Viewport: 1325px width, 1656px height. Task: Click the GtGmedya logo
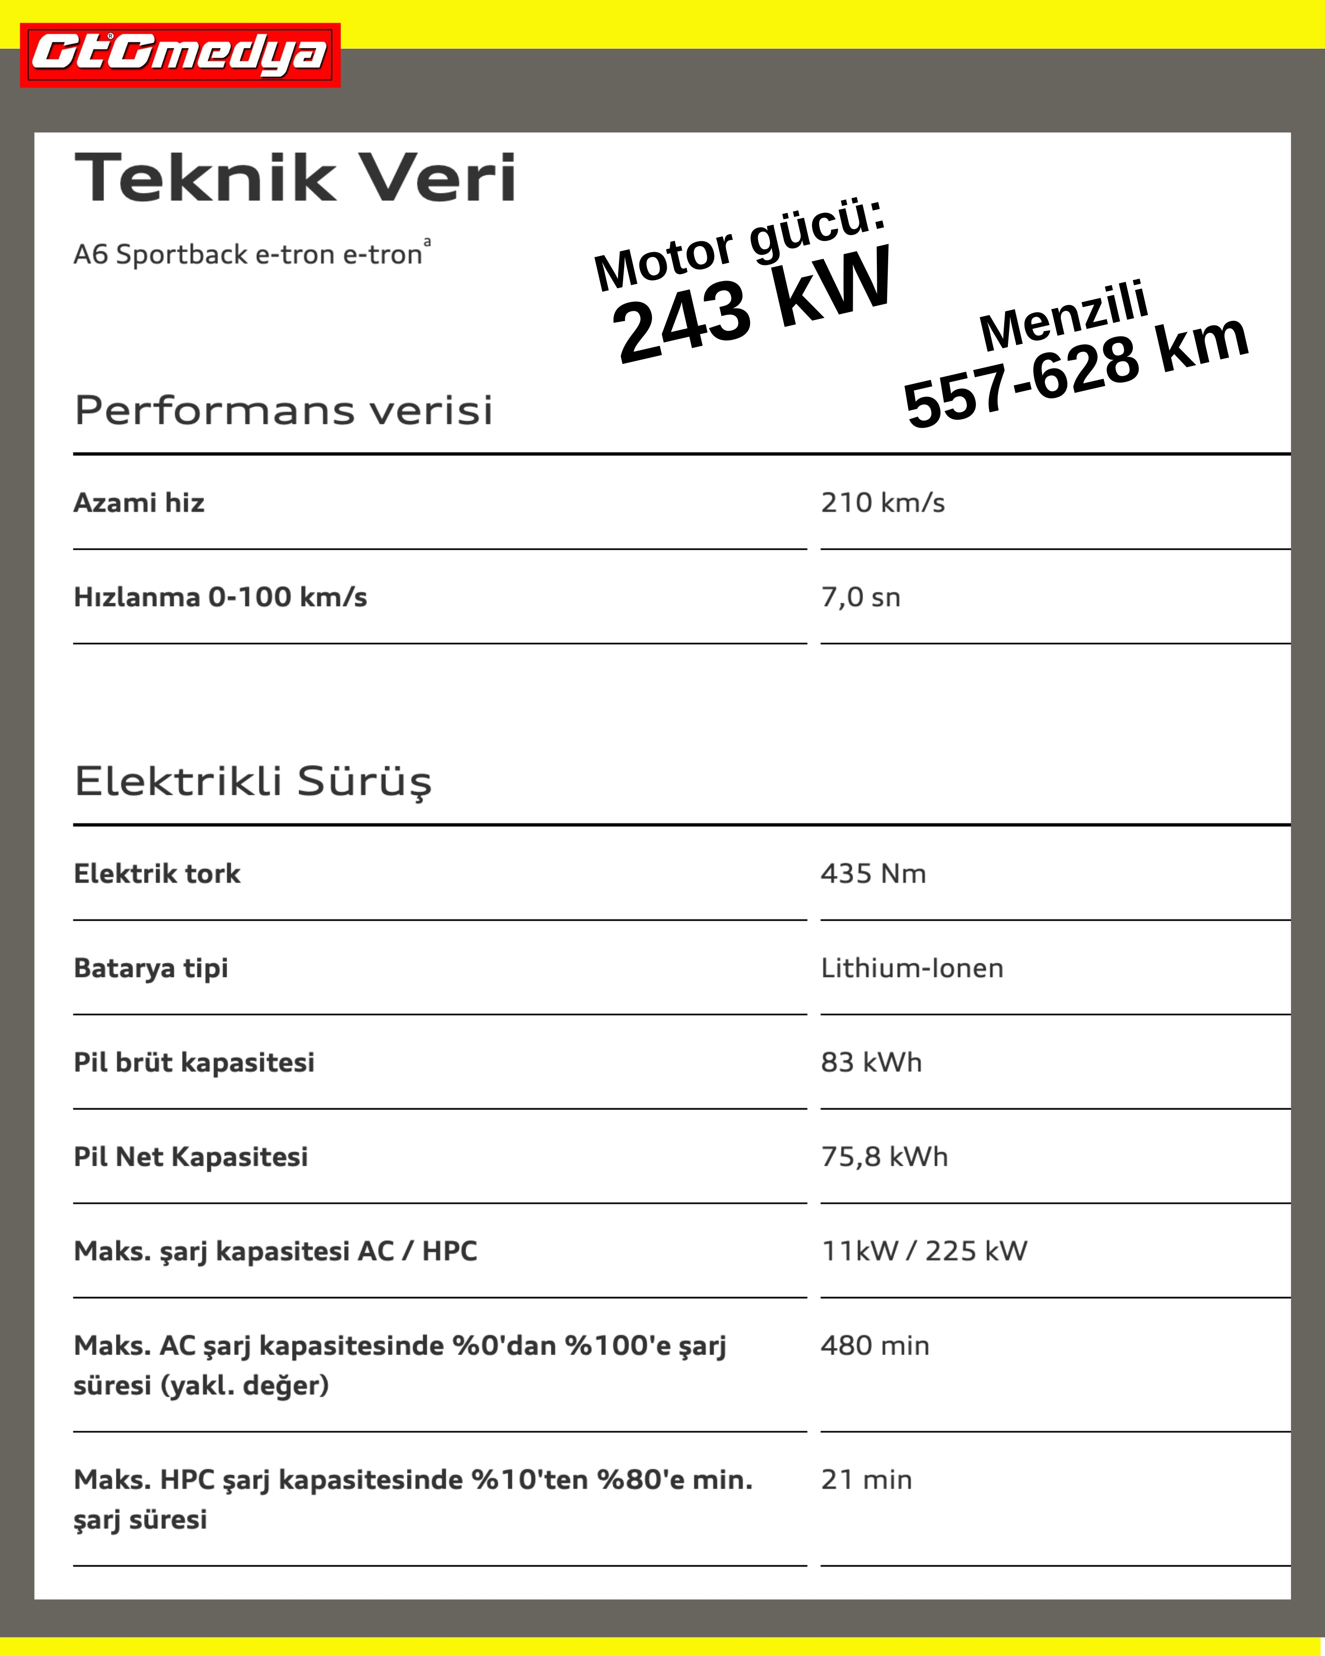(180, 54)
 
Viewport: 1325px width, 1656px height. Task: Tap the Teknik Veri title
(295, 178)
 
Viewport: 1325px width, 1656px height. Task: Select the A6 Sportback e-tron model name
(248, 254)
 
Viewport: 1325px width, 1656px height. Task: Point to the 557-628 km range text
(1075, 372)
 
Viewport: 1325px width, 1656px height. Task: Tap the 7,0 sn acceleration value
(860, 598)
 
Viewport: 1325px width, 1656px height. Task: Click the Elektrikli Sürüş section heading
(253, 782)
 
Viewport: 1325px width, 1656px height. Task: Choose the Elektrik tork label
(157, 874)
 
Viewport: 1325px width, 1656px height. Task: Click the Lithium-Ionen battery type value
(912, 969)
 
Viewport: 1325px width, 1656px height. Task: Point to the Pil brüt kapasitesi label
(194, 1063)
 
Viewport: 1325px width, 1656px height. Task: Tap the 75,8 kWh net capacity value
(884, 1157)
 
